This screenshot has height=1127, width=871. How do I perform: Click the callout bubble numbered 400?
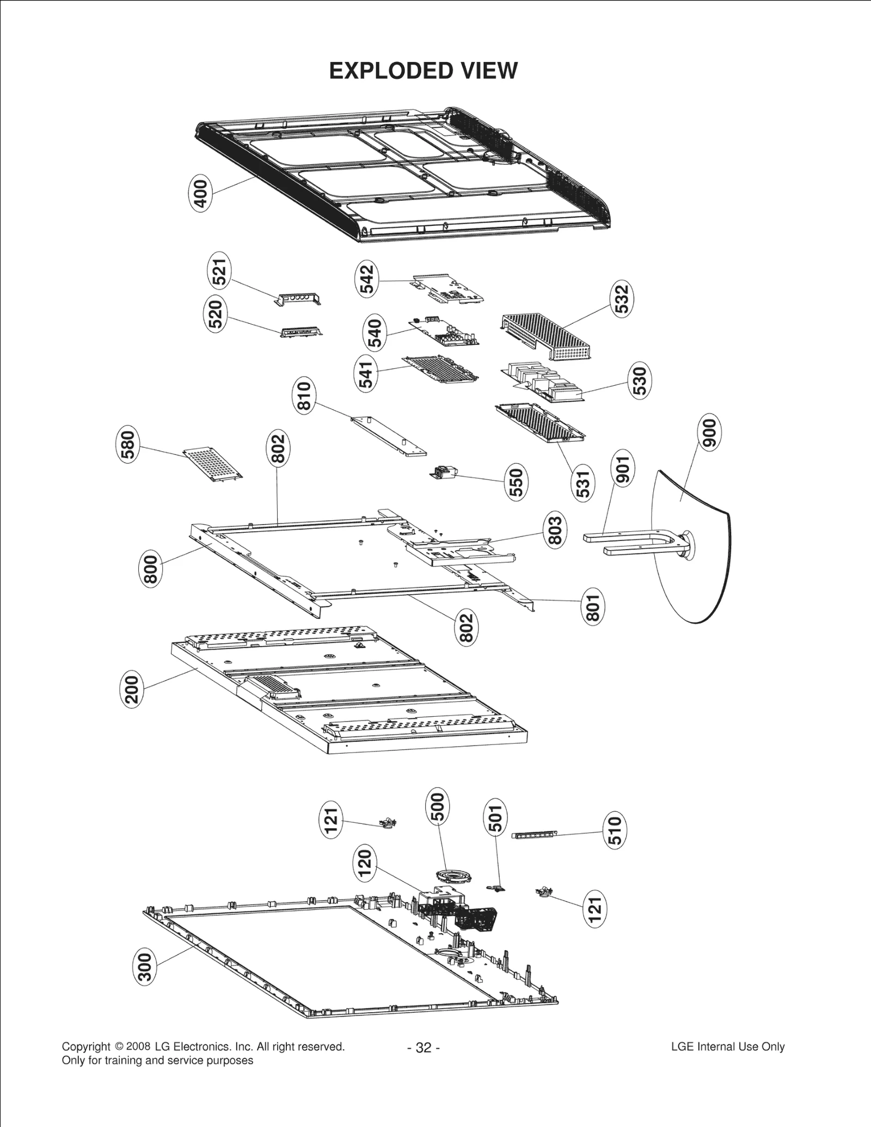point(201,194)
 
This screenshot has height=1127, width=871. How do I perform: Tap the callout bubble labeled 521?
point(219,272)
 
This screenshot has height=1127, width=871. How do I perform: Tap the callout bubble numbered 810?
point(304,397)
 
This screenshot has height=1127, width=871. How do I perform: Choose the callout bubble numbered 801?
point(592,607)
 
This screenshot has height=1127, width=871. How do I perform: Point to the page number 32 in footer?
point(423,1048)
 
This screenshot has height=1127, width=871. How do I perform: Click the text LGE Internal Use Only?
point(728,1046)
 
